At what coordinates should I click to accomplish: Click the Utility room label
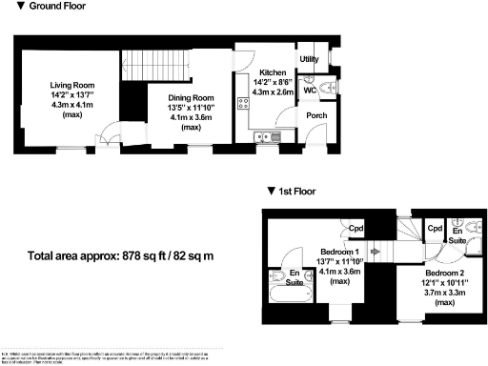click(309, 59)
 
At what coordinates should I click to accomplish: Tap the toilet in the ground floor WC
click(327, 89)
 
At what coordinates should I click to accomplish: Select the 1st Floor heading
click(296, 191)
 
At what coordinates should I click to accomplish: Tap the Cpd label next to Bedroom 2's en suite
click(434, 229)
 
